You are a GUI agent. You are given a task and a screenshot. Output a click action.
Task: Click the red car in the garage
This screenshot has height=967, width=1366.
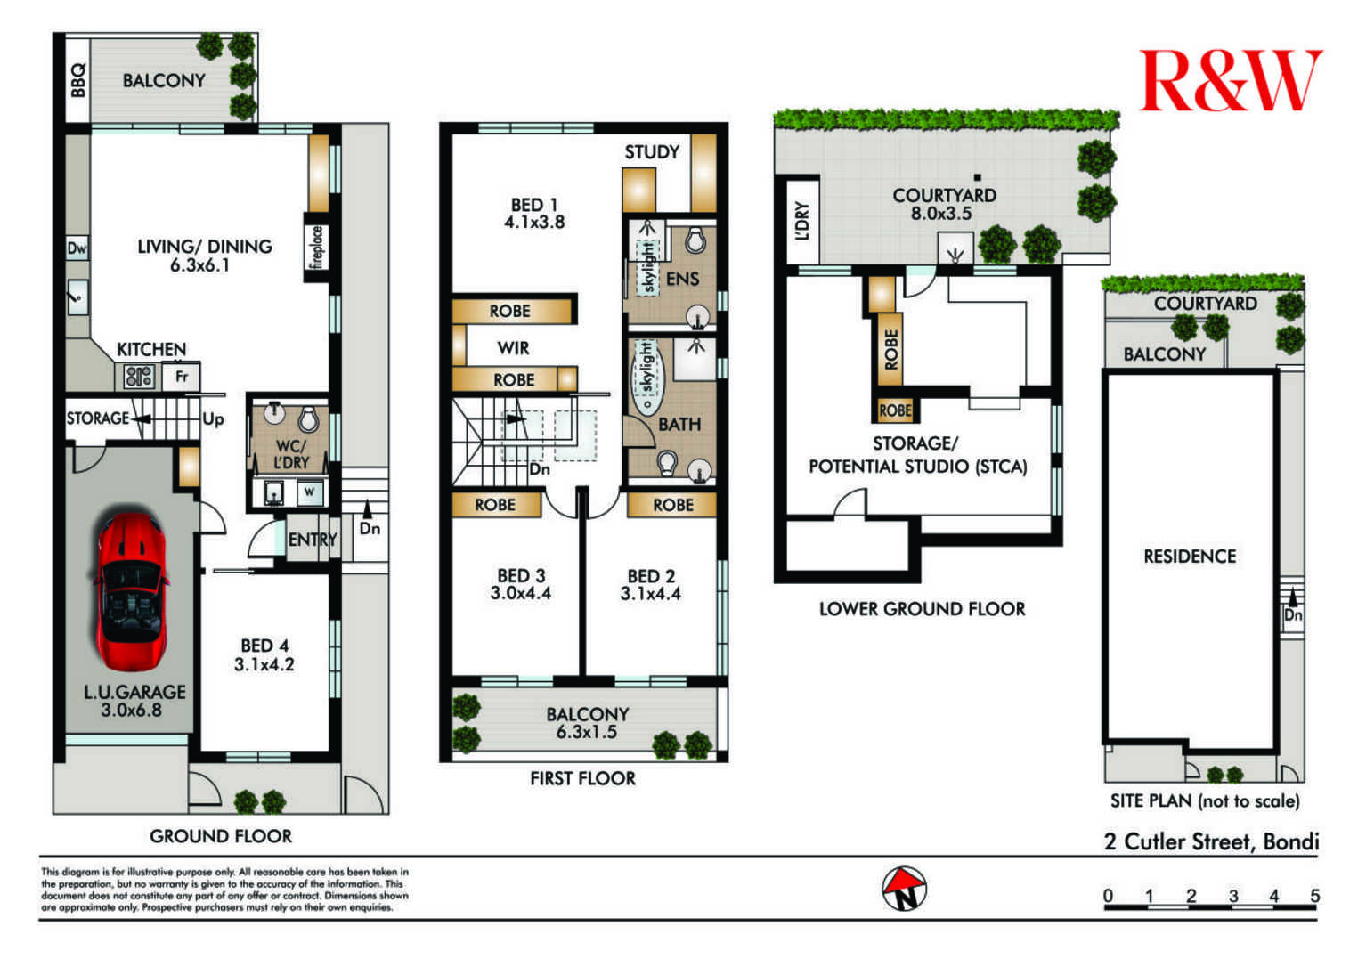click(131, 589)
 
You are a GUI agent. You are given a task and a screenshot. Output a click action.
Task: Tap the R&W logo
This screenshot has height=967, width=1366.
click(1230, 80)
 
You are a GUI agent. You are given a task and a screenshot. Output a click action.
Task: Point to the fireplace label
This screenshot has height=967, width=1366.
click(316, 247)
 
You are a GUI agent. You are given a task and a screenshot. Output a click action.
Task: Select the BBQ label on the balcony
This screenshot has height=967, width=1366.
click(78, 80)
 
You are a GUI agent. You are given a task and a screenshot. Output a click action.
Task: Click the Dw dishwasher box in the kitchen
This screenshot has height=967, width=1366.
click(77, 248)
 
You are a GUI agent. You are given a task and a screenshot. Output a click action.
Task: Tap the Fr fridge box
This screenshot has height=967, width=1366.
click(181, 377)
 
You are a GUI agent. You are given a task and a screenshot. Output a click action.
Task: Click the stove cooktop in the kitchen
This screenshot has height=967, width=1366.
click(139, 376)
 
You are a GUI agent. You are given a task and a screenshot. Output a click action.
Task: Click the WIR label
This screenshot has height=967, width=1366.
click(513, 348)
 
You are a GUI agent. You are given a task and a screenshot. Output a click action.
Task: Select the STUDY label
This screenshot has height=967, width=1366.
click(652, 152)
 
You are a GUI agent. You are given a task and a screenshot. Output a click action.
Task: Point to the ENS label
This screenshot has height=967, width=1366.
click(682, 279)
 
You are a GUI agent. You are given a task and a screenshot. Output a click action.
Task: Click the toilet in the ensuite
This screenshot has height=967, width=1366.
click(695, 240)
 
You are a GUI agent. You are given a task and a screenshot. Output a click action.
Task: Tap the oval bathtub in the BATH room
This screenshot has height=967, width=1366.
click(646, 378)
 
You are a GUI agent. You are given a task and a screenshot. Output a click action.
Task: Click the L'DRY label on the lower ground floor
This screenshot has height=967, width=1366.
click(802, 221)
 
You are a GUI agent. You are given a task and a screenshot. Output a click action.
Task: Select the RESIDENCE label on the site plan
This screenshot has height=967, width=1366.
click(1190, 556)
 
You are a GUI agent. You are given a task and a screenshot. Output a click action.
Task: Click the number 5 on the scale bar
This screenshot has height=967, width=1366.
click(1314, 895)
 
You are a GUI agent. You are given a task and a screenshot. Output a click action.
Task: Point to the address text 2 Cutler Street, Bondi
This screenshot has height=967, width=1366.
click(1211, 841)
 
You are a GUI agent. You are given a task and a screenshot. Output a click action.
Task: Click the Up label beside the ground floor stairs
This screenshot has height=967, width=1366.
click(213, 419)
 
